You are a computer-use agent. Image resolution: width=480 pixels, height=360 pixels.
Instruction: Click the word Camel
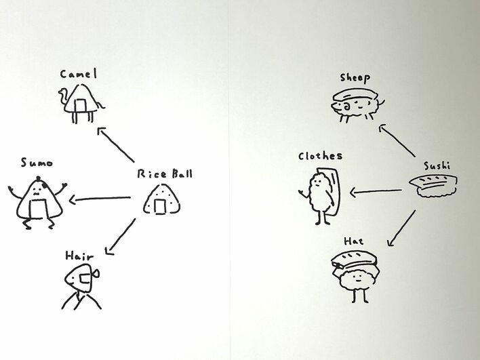[79, 73]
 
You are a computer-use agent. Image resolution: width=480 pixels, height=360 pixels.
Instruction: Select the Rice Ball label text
[165, 174]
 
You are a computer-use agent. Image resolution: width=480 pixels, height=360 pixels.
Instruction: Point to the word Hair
[79, 256]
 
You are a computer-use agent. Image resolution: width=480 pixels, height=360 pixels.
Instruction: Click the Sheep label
[356, 78]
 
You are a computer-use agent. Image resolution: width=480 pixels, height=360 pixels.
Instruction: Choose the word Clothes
[320, 156]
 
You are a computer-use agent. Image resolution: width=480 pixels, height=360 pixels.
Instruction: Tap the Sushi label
[438, 165]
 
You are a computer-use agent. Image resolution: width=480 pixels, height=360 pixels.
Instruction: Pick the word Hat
[353, 241]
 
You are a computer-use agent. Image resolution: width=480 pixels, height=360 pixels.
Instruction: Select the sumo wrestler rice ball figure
[38, 199]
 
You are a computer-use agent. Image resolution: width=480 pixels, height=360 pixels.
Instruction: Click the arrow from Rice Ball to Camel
[116, 146]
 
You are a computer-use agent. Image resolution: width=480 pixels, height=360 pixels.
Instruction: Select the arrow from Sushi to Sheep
[401, 141]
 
